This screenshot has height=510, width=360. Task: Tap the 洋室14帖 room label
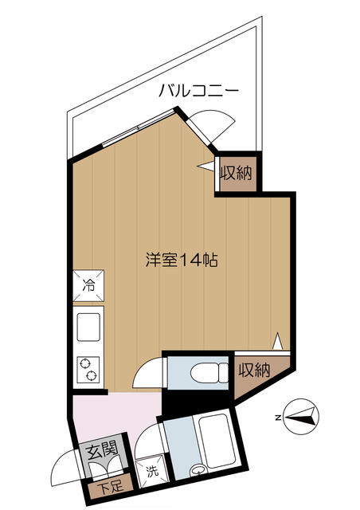[x=182, y=260]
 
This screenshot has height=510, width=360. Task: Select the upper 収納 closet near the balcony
[x=236, y=173]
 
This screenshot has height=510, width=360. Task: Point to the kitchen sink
[x=88, y=326]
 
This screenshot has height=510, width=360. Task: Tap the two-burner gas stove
[x=88, y=368]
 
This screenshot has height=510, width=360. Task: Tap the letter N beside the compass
[x=278, y=416]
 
